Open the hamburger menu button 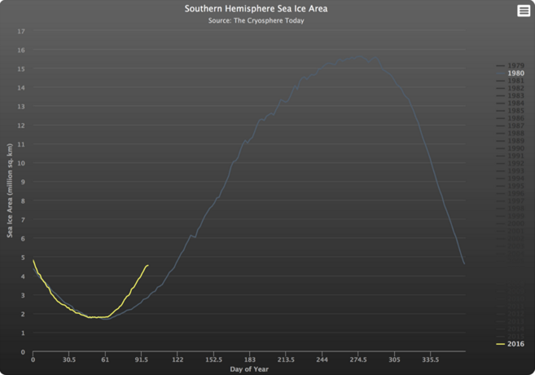pyautogui.click(x=524, y=11)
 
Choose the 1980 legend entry pyautogui.click(x=515, y=73)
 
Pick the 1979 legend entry pyautogui.click(x=515, y=65)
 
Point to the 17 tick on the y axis pyautogui.click(x=22, y=31)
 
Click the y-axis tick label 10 pyautogui.click(x=22, y=163)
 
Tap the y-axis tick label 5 pyautogui.click(x=24, y=258)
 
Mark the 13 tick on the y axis pyautogui.click(x=22, y=107)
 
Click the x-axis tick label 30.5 pyautogui.click(x=68, y=360)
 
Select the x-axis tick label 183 pyautogui.click(x=249, y=360)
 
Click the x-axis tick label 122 pyautogui.click(x=178, y=360)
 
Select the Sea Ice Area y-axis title pyautogui.click(x=10, y=192)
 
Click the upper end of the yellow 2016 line pyautogui.click(x=147, y=265)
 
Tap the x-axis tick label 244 pyautogui.click(x=322, y=360)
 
